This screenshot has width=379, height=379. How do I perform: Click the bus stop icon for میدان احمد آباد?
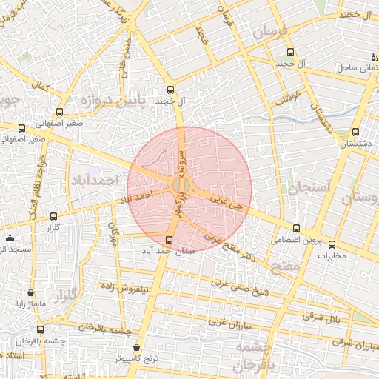170,240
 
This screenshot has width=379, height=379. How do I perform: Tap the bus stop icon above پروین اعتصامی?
297,229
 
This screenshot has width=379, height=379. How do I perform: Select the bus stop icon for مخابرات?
332,245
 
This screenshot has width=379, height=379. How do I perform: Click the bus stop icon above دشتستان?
356,133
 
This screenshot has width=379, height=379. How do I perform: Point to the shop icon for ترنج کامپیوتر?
136,347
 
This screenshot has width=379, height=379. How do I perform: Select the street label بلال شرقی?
321,317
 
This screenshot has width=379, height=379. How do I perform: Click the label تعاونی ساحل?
352,67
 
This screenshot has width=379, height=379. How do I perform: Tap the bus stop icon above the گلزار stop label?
53,217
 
